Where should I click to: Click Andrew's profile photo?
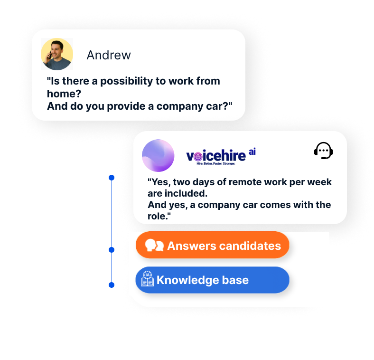(57, 54)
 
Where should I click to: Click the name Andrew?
(109, 55)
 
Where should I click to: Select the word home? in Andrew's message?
(64, 94)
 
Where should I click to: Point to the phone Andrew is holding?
(50, 56)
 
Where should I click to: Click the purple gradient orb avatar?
(158, 156)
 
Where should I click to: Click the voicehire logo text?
(216, 156)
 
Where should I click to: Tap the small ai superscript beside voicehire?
(252, 152)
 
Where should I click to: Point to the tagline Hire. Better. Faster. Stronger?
(215, 163)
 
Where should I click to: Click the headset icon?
(323, 151)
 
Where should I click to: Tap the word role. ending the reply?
(159, 216)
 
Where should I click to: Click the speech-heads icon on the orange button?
(154, 245)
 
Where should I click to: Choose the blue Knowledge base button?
(212, 280)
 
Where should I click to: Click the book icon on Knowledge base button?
(148, 278)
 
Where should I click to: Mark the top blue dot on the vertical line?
(112, 178)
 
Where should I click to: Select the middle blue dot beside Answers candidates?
(112, 250)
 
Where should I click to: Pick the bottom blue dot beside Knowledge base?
(112, 285)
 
